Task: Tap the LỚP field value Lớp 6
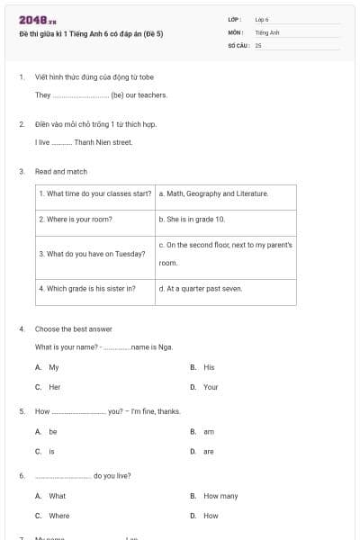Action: (x=262, y=19)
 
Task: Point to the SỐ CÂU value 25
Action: (x=258, y=44)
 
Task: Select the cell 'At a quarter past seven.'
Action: (x=201, y=289)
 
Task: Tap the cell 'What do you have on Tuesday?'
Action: (x=92, y=254)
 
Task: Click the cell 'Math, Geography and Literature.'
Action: (x=213, y=193)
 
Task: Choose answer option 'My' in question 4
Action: (x=54, y=367)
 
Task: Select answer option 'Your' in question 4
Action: (x=211, y=387)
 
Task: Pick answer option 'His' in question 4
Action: (x=209, y=367)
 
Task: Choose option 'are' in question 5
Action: (x=209, y=451)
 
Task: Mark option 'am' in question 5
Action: (x=209, y=431)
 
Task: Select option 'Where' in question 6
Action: (x=58, y=516)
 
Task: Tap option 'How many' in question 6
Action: (x=220, y=496)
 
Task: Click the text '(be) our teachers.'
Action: (x=139, y=94)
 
